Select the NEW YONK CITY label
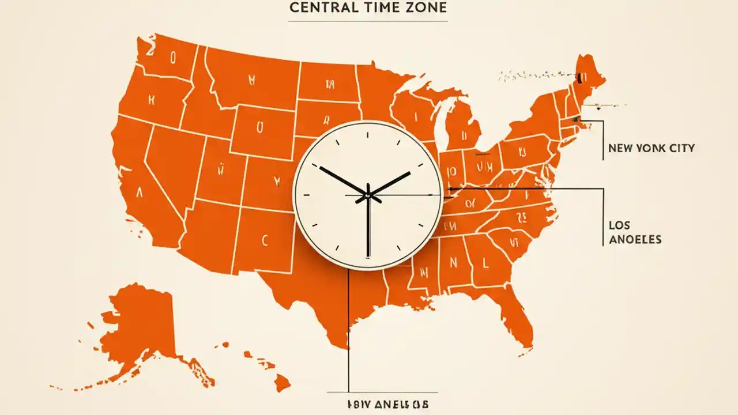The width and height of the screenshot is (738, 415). [651, 148]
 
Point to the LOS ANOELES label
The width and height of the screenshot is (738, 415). [634, 232]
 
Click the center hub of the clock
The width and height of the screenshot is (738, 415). [367, 196]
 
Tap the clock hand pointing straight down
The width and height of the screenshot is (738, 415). [368, 231]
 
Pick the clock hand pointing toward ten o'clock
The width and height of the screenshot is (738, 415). [341, 180]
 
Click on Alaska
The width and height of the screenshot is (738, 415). [135, 329]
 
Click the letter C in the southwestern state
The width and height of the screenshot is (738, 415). [265, 240]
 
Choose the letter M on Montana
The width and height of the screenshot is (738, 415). [252, 79]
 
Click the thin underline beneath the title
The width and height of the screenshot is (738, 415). [368, 21]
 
